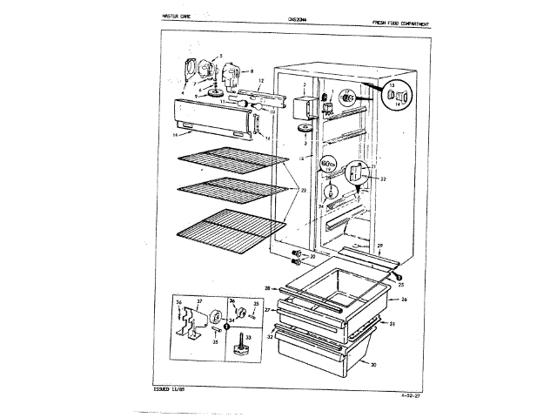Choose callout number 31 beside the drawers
(393, 325)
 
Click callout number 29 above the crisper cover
(379, 248)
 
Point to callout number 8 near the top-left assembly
(252, 71)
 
